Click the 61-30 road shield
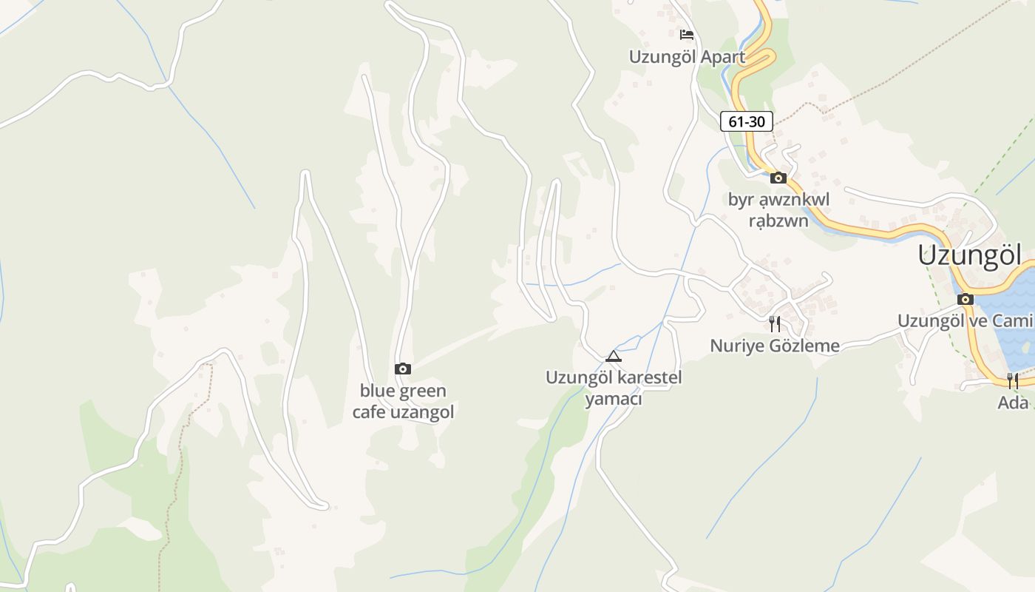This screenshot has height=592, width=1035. [747, 121]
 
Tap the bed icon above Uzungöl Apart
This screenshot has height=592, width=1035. [687, 34]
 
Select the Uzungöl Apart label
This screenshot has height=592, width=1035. [687, 56]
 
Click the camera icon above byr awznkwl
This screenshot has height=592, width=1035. [778, 178]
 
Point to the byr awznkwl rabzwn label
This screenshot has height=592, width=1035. [778, 210]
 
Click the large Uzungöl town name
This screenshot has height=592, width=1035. [969, 255]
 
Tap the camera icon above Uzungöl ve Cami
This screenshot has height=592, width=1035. [965, 299]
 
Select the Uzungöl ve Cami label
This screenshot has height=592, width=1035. [964, 320]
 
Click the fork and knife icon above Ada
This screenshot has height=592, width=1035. [1013, 381]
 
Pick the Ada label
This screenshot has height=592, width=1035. [1013, 403]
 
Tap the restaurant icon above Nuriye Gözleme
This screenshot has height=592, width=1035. [775, 324]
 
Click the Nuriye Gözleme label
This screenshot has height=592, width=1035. [775, 346]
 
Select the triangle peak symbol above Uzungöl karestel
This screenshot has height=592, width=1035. [613, 357]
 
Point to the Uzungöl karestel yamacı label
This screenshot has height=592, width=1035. [614, 388]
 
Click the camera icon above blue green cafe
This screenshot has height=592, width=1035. [403, 369]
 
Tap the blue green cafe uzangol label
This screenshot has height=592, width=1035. [403, 401]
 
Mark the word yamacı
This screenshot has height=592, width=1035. [614, 400]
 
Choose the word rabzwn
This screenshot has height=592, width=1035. [778, 221]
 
